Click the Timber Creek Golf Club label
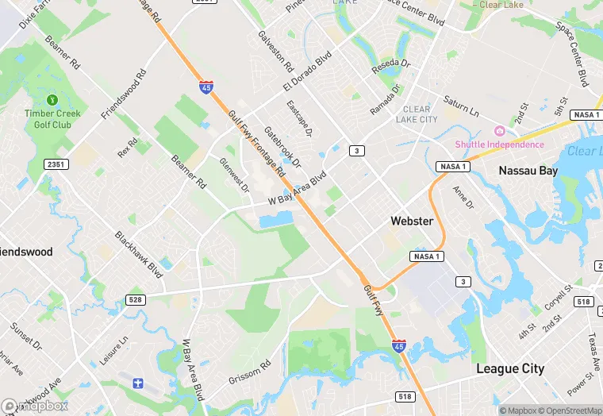point(52,119)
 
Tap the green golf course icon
point(52,100)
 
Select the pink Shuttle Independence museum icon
point(500,131)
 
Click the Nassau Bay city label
point(529,170)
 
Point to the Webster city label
point(412,221)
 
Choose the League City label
point(510,368)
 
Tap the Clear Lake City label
point(417,114)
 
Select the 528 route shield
point(136,299)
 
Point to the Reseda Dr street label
point(392,67)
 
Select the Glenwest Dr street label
point(234,176)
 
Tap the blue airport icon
point(138,383)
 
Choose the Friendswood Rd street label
point(124,94)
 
